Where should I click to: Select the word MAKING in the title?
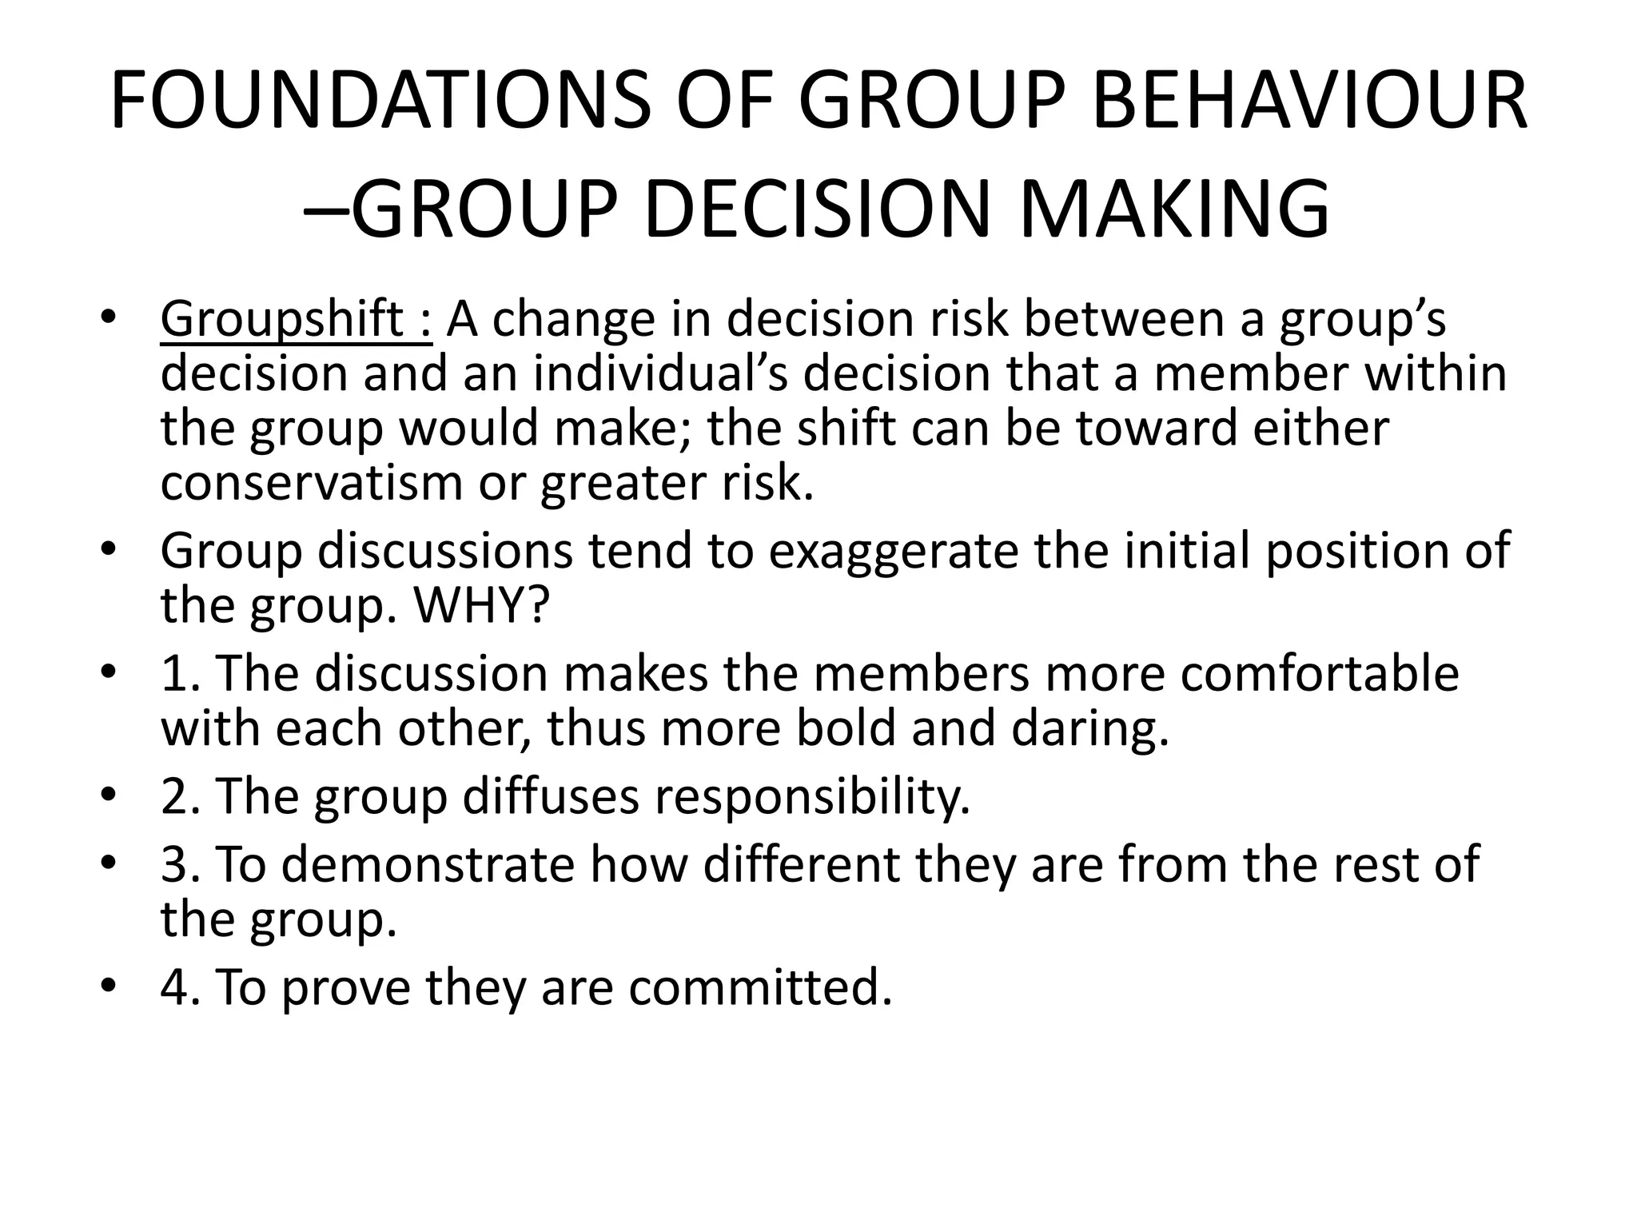(1175, 209)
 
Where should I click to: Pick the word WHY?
(481, 605)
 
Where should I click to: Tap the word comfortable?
(1320, 673)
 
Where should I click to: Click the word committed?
(759, 987)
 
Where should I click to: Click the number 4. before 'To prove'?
(181, 987)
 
